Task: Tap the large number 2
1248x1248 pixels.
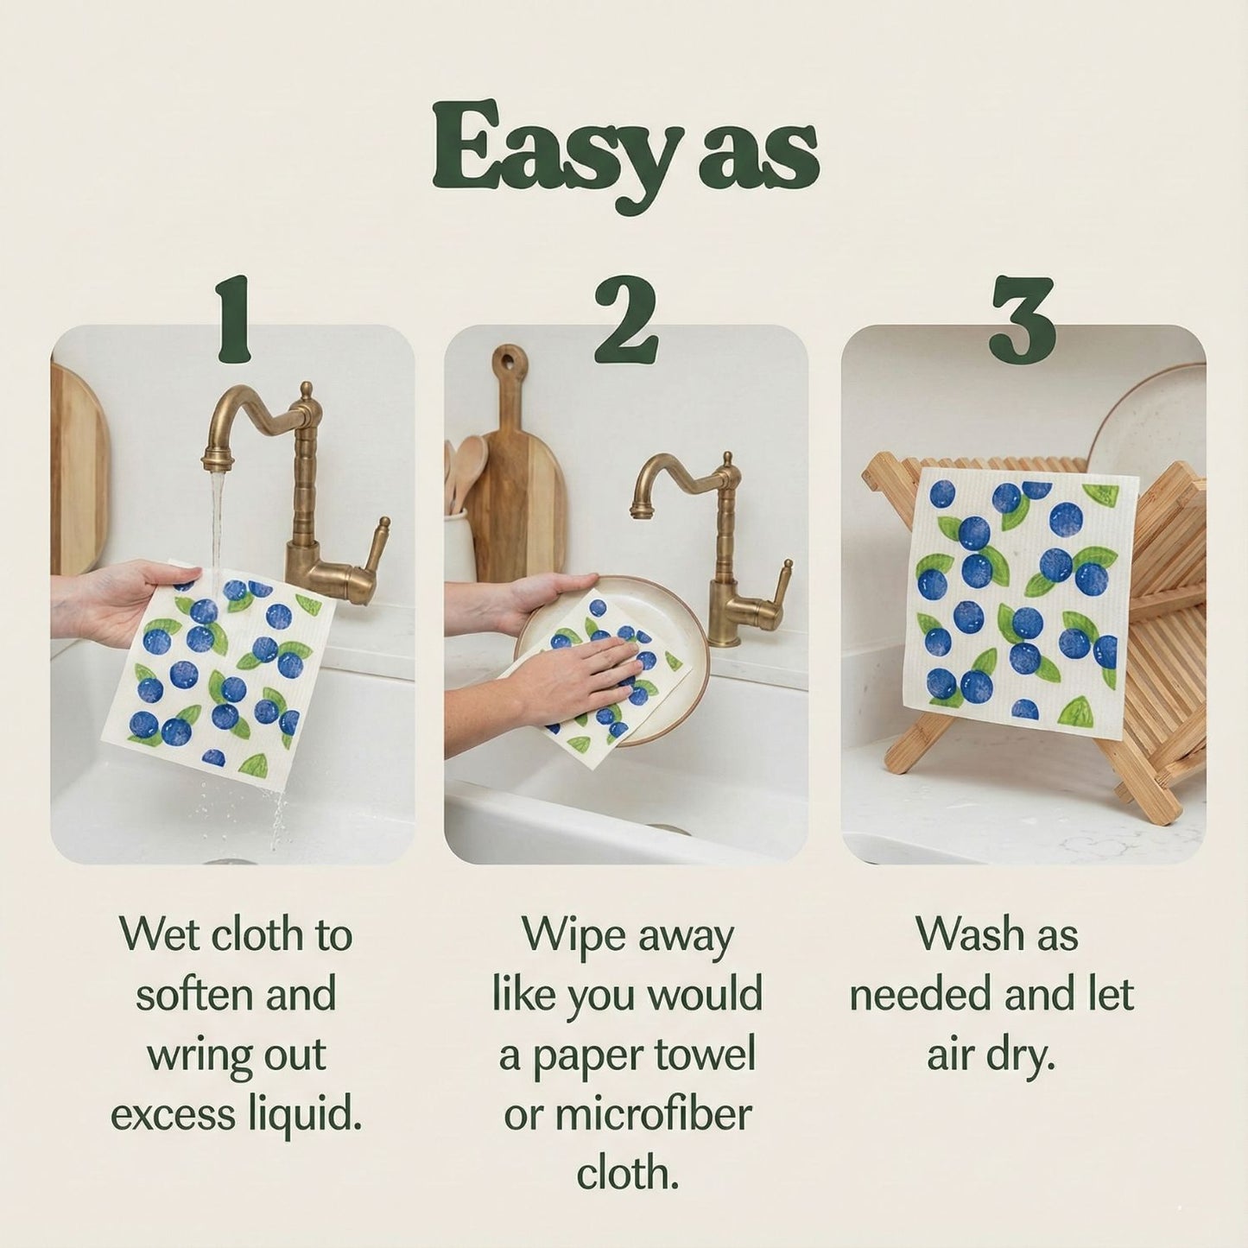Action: [625, 320]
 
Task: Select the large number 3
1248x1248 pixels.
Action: [1022, 320]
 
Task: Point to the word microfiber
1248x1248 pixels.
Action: [652, 1115]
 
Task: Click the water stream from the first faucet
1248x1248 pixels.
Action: [217, 518]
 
